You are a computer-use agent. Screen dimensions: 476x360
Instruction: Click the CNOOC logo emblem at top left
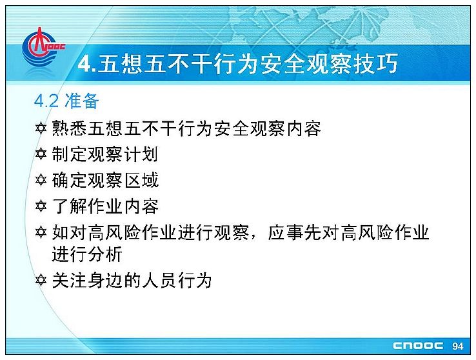pos(43,46)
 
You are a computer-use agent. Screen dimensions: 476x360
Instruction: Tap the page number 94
pos(458,346)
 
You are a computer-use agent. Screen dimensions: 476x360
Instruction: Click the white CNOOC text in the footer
pos(418,346)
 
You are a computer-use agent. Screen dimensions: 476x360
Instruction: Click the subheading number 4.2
pos(46,101)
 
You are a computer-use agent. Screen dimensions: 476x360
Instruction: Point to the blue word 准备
pos(82,101)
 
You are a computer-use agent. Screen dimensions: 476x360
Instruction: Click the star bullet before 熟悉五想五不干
pos(41,128)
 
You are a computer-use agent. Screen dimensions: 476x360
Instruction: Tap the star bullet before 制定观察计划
pos(41,154)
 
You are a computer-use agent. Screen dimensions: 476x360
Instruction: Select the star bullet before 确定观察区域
pos(41,180)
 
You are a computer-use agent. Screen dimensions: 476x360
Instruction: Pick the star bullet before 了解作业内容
pos(41,206)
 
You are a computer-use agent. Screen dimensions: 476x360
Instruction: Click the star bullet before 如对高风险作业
pos(41,232)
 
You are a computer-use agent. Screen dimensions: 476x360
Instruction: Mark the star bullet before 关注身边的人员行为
pos(41,280)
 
